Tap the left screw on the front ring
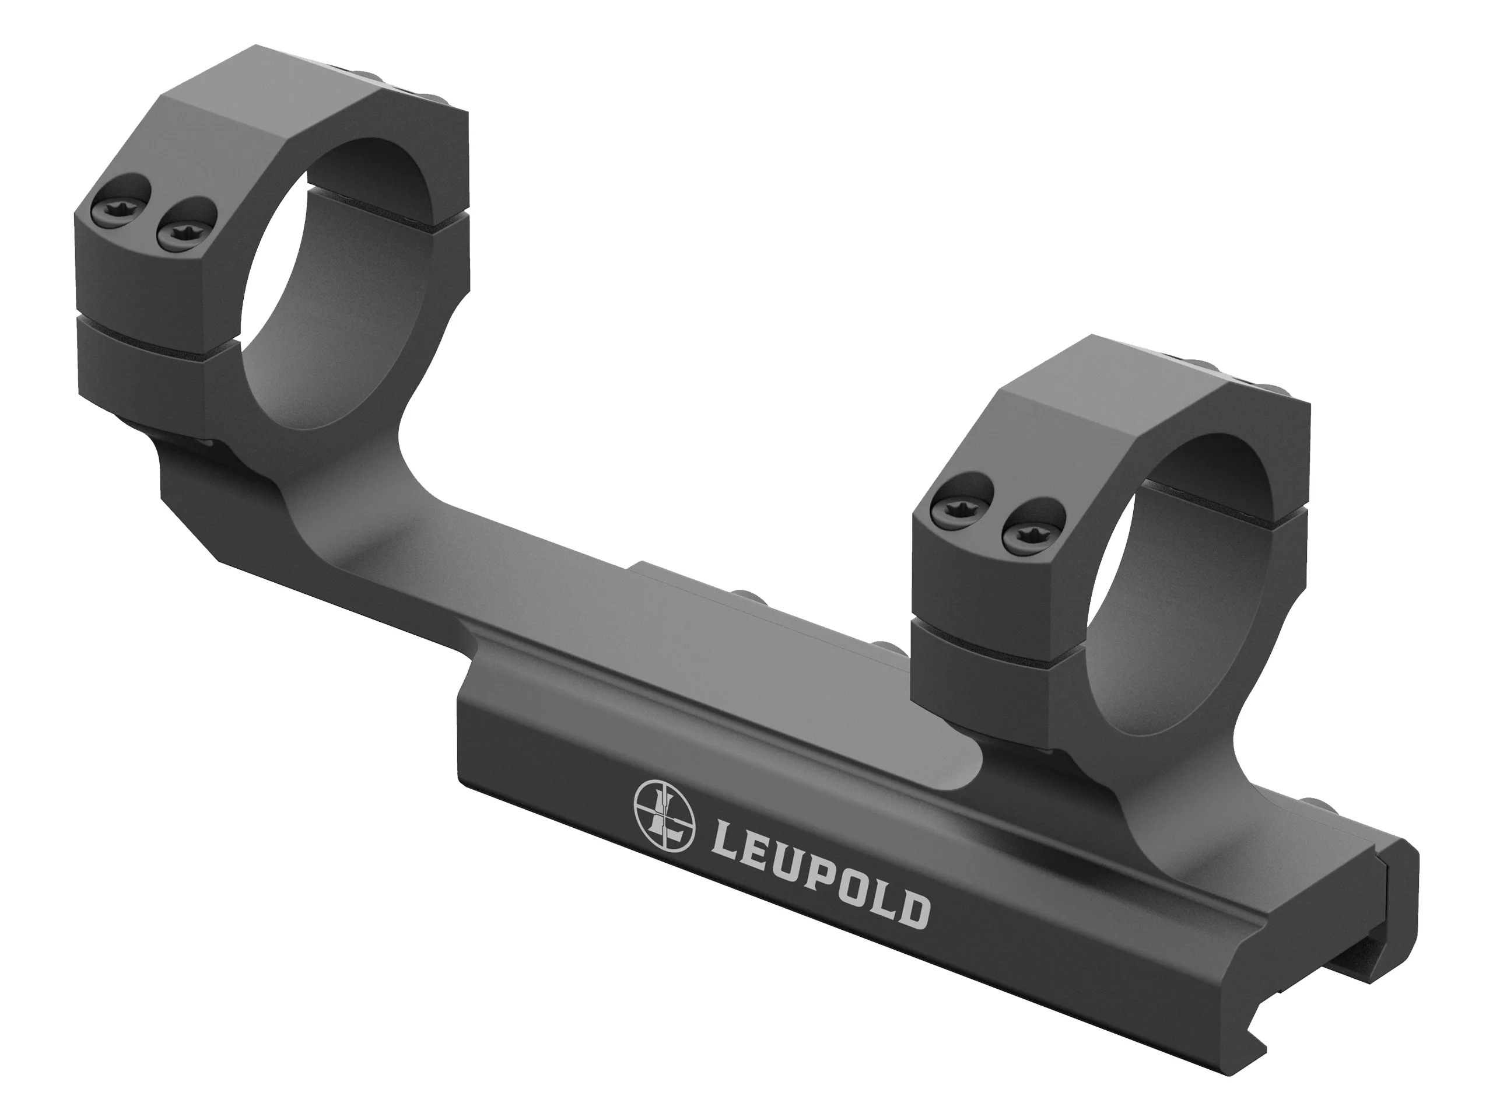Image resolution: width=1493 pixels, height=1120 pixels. [956, 505]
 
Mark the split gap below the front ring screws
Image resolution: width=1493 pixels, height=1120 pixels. [979, 631]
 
